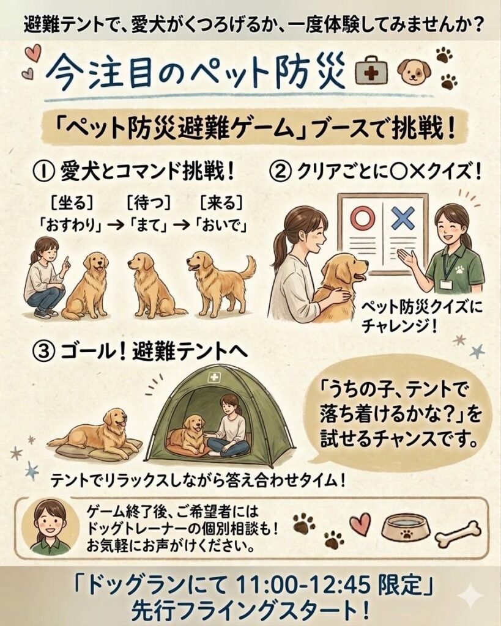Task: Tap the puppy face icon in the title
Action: [x=414, y=72]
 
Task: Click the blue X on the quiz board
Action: [x=403, y=218]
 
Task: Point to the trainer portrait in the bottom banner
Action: [x=49, y=527]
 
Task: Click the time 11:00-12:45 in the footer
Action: [x=303, y=586]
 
